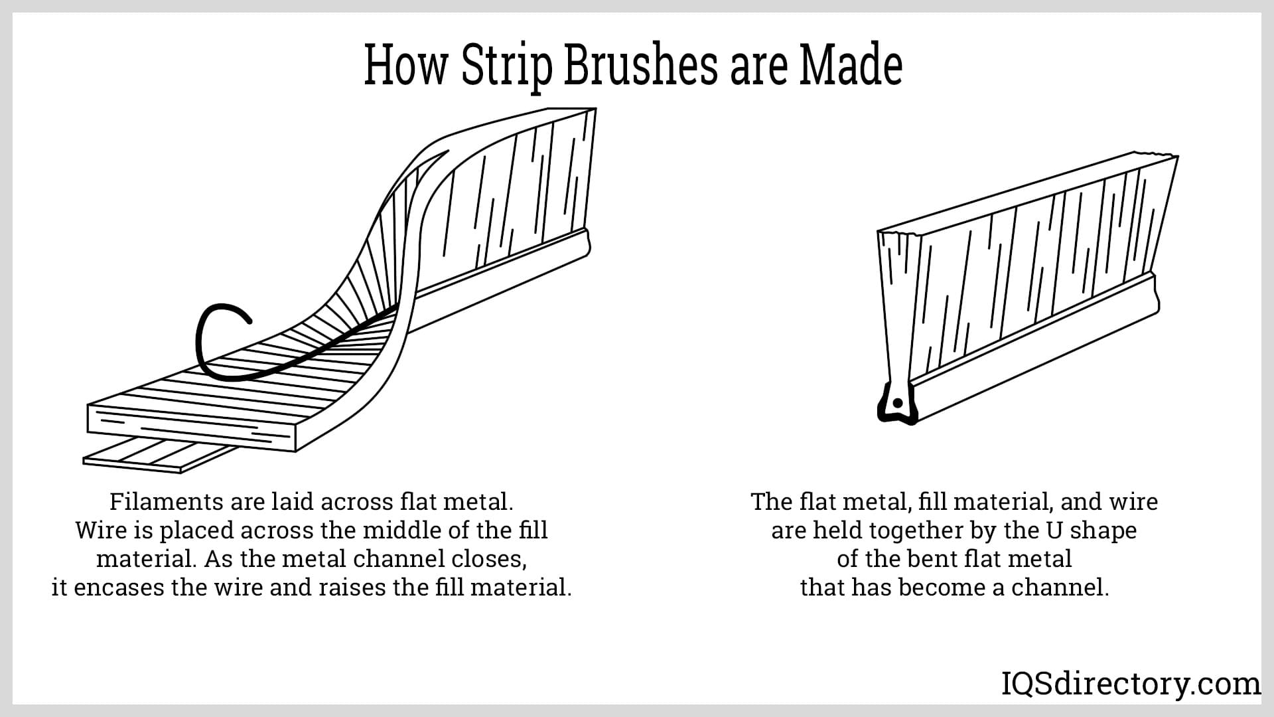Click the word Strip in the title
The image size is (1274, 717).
click(506, 66)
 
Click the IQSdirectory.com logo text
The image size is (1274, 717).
click(1131, 684)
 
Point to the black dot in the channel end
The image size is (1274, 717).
click(897, 403)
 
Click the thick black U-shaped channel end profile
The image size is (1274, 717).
click(896, 405)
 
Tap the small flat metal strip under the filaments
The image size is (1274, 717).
click(159, 455)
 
